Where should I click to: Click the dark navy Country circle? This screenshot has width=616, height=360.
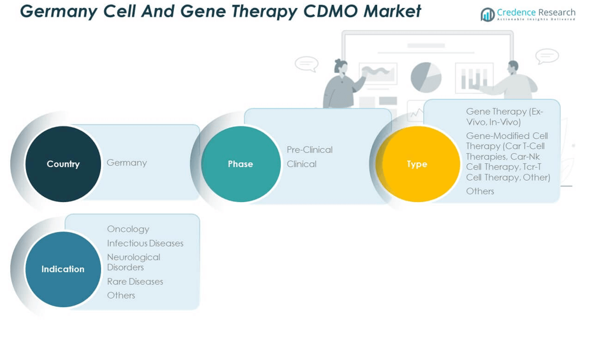point(63,164)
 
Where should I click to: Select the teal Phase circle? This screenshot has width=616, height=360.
point(240,164)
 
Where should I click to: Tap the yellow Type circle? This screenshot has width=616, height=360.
point(417,164)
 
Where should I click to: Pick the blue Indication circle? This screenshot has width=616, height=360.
point(63,269)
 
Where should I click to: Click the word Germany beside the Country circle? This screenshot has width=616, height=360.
point(126,163)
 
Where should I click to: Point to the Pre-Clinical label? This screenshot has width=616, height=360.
point(310,150)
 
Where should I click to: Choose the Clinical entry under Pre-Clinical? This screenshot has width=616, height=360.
point(302,164)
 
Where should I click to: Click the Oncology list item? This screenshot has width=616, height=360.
point(128,229)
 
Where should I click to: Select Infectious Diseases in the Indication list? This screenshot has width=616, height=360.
point(145,243)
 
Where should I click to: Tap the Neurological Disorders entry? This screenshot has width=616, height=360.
point(133,262)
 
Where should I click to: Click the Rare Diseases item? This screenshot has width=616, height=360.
point(135,282)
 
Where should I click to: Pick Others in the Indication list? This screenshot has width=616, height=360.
point(121,295)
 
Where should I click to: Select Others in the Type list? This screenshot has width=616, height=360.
point(480,191)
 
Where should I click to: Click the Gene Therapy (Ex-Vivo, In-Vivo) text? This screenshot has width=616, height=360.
point(504,117)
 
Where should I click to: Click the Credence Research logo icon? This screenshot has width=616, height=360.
point(487,15)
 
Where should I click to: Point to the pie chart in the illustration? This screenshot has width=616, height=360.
point(426,77)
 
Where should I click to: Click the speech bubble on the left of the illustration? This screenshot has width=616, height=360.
point(306,64)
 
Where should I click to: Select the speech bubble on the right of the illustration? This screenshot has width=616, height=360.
point(547,56)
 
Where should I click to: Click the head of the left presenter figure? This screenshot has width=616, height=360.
point(340,66)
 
